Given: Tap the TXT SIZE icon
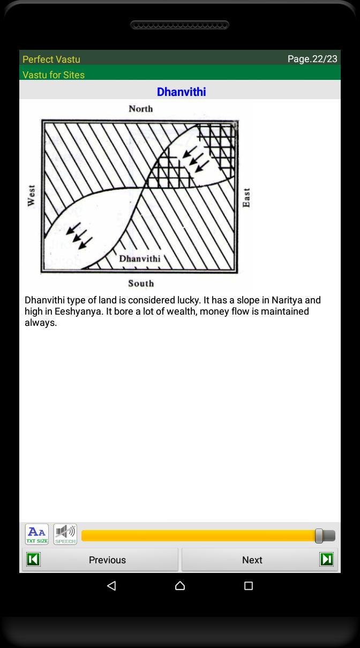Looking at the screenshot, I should [x=37, y=534].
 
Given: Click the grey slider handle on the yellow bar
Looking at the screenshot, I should [x=319, y=535].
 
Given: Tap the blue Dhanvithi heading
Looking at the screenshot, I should [x=181, y=92].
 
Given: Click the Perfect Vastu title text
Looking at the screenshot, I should [x=51, y=59].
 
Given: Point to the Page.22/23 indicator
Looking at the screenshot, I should [x=312, y=58].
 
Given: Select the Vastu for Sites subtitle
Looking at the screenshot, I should [x=54, y=75].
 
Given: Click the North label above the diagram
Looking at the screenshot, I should [x=140, y=109].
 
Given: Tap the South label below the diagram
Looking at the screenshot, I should [x=141, y=283].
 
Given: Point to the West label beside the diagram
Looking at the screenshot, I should [x=31, y=196].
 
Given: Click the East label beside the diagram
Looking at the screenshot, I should [x=246, y=197].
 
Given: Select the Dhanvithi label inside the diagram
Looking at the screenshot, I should [x=139, y=259].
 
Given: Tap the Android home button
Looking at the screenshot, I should [x=180, y=586].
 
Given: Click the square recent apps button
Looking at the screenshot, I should [x=249, y=586].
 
